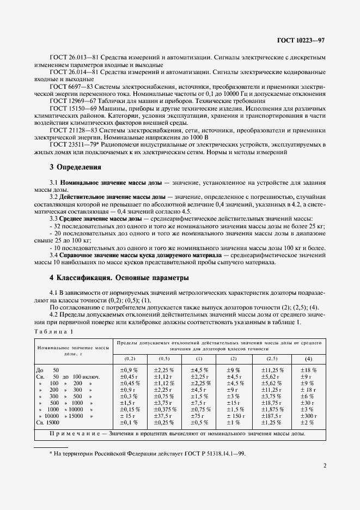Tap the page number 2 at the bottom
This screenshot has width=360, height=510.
324,466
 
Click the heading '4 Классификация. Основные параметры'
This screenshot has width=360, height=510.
119,277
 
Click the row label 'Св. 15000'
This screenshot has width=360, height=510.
48,422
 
